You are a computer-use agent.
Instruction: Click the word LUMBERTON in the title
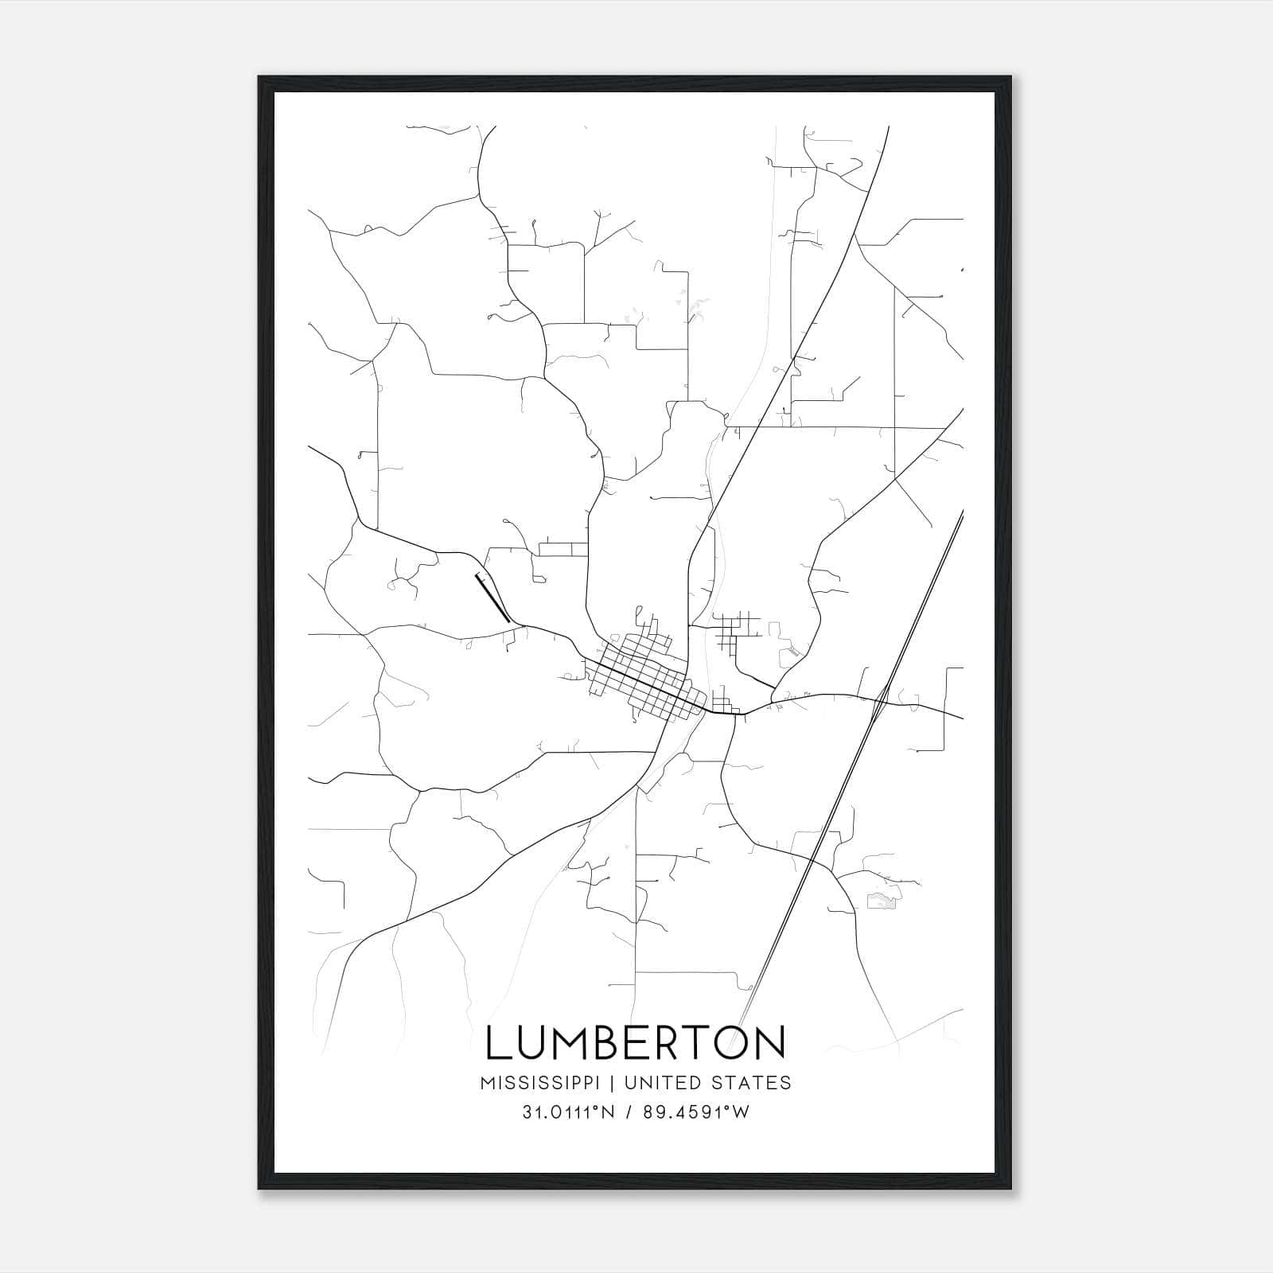(x=636, y=1042)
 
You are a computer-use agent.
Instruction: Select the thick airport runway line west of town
(x=492, y=598)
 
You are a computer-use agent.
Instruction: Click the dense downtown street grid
(x=644, y=676)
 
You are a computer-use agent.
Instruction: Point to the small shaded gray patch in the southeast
(x=881, y=901)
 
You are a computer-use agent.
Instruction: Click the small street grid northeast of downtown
(x=734, y=630)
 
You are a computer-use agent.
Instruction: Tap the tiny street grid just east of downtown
(x=722, y=704)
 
